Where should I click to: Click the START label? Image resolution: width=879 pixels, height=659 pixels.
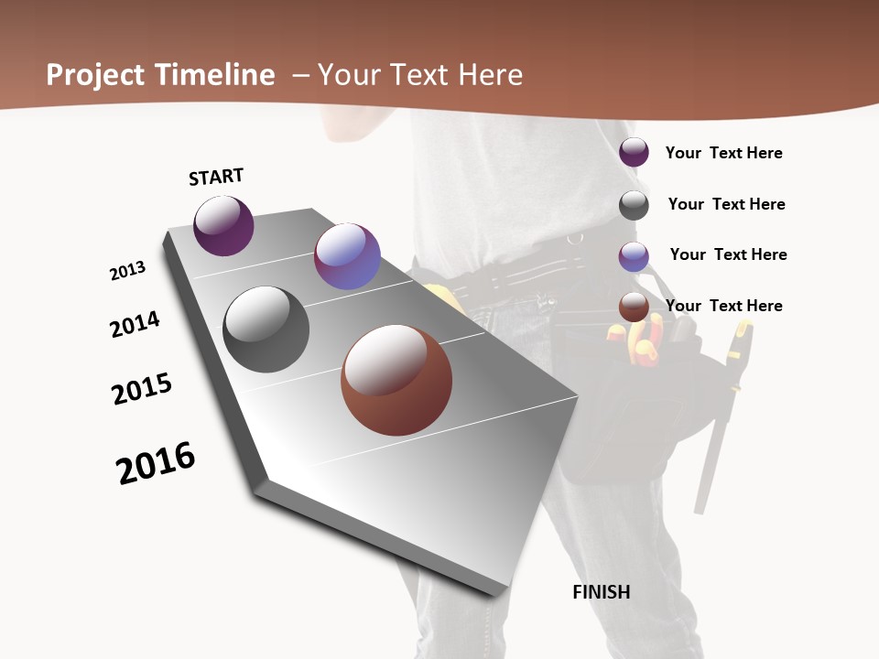tap(216, 177)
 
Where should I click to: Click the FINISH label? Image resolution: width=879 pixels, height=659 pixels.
tap(601, 592)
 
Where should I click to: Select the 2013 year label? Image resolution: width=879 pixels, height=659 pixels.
tap(127, 271)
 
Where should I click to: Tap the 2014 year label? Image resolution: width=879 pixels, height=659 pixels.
tap(135, 324)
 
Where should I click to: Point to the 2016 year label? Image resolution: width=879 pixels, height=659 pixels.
tap(156, 463)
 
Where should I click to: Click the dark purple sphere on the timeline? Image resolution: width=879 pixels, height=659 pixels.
tap(223, 226)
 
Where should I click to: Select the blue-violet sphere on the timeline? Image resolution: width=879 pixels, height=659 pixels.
tap(347, 256)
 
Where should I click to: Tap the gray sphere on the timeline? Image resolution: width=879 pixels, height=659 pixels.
tap(266, 329)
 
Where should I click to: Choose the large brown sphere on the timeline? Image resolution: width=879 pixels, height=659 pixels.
tap(396, 380)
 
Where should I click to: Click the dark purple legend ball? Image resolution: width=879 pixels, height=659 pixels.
tap(634, 152)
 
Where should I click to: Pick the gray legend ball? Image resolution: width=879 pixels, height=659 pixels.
tap(634, 204)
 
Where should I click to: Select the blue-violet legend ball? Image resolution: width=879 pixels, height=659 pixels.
tap(634, 255)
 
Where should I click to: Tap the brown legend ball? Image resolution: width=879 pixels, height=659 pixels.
tap(634, 307)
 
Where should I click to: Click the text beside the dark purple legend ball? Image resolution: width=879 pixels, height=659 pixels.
tap(723, 153)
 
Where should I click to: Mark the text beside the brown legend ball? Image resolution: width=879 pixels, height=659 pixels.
tap(723, 306)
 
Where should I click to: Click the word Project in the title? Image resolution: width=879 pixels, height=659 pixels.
tap(95, 75)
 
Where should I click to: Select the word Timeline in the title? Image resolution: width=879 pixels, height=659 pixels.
tap(217, 74)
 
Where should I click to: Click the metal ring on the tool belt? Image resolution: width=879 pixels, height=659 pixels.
tap(574, 240)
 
